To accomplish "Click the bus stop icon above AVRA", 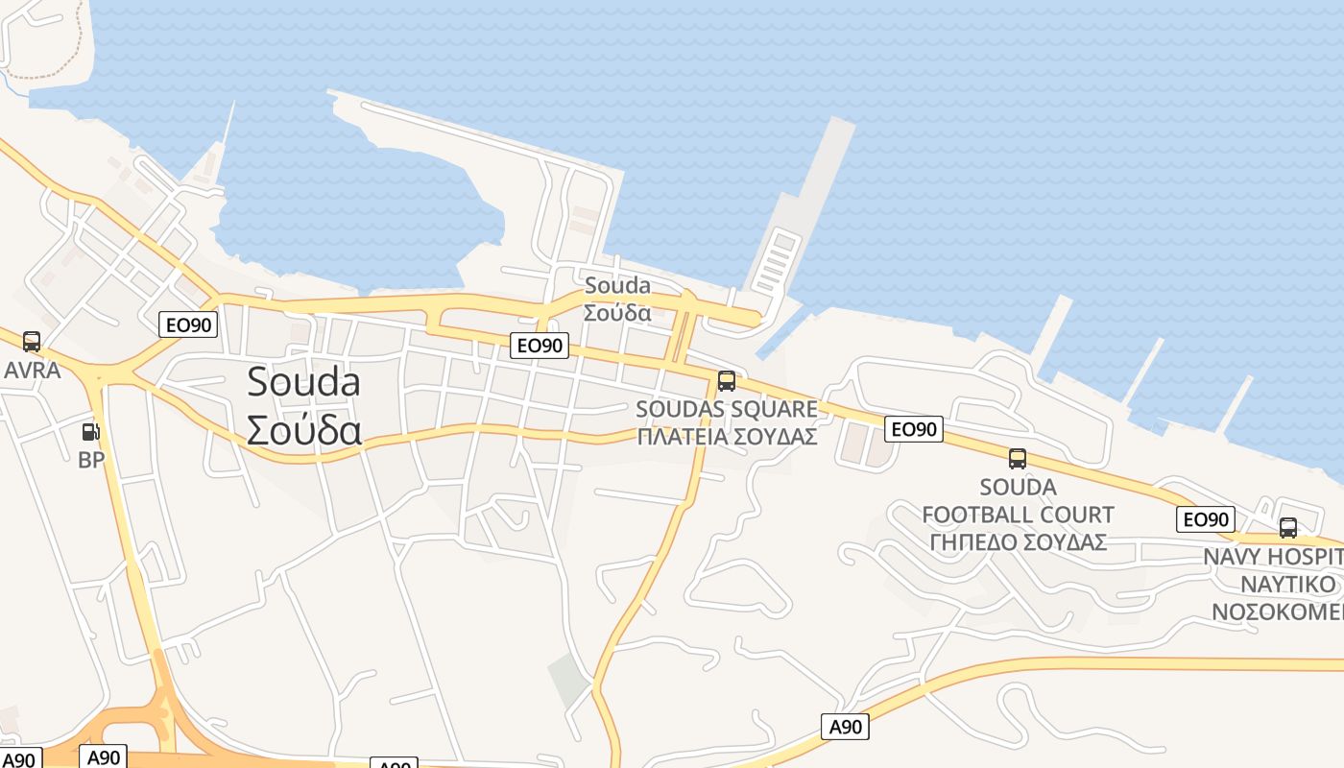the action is click(32, 342).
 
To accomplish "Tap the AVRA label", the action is click(33, 371).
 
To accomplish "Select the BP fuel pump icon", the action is click(91, 432).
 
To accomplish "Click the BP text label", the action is click(91, 460).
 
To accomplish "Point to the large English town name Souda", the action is click(303, 382).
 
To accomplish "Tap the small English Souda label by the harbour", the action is click(617, 285).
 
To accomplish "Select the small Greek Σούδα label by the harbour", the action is click(617, 313).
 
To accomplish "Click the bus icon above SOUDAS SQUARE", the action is click(727, 381).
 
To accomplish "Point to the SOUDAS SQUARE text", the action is click(727, 409).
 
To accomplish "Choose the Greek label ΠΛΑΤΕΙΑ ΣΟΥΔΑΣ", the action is click(727, 436).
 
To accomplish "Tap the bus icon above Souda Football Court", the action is click(1018, 459).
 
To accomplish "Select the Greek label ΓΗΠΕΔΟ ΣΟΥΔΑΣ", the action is click(1018, 541).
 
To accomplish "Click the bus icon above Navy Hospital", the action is click(1288, 528).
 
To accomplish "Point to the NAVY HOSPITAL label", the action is click(1273, 557).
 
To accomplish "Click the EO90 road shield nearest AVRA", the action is click(188, 324).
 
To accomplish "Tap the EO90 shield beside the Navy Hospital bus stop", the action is click(1205, 519).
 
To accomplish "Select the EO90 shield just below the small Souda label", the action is click(539, 346).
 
